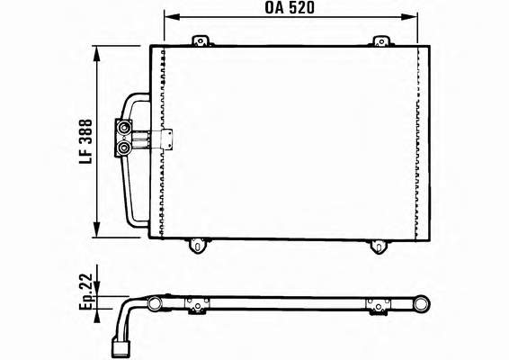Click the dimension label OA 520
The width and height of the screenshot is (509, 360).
tap(290, 8)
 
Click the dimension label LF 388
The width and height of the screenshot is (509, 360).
tap(86, 141)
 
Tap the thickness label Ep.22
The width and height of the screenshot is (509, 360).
tap(86, 292)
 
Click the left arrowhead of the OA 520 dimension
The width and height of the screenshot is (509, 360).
tap(172, 17)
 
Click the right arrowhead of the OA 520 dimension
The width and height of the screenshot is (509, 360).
tap(409, 17)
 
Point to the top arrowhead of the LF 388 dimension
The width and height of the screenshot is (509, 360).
tap(96, 54)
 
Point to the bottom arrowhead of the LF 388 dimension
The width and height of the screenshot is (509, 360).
tap(96, 229)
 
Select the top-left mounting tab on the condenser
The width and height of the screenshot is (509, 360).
tap(201, 41)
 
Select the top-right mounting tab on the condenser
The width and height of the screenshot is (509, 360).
tap(381, 41)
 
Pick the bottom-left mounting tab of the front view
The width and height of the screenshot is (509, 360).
tap(196, 246)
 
